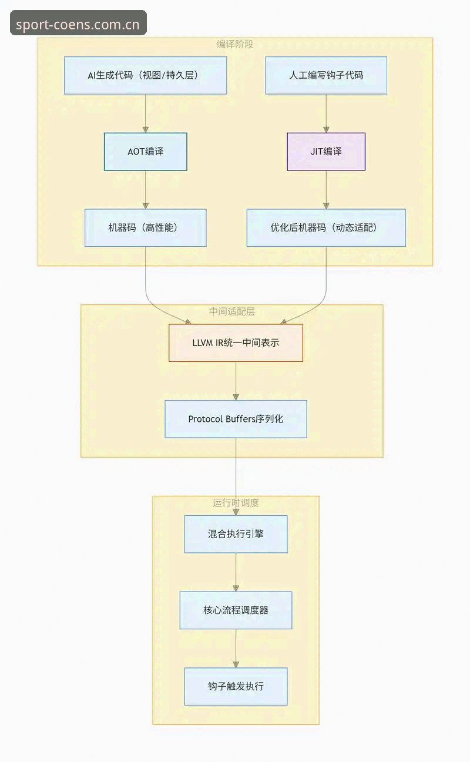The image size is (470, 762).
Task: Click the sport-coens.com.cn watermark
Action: tap(78, 23)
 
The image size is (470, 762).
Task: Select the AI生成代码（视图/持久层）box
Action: tap(146, 75)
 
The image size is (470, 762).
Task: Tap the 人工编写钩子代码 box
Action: tap(326, 75)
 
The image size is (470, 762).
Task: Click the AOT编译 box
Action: tap(146, 152)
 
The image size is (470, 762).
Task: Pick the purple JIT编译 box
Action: tap(326, 152)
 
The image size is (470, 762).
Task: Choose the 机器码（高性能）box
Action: tap(146, 227)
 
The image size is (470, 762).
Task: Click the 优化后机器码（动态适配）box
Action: tap(326, 227)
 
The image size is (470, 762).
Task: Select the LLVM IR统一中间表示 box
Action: tap(236, 343)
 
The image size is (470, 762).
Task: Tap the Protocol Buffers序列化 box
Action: tap(236, 419)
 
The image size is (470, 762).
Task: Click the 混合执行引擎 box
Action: tap(236, 534)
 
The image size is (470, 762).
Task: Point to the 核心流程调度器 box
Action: tap(236, 610)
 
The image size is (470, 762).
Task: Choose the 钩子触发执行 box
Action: tap(236, 686)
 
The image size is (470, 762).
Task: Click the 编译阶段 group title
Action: tap(235, 44)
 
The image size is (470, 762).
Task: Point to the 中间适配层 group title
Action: tap(232, 311)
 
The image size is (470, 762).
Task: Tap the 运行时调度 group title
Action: tap(236, 503)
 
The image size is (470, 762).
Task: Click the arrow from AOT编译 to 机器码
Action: tap(146, 190)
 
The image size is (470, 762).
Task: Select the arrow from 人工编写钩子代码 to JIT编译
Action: tap(326, 113)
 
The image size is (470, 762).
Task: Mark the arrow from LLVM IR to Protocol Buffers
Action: tap(236, 381)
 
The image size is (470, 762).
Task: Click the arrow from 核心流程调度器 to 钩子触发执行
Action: tap(236, 649)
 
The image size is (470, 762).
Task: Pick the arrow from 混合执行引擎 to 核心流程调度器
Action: tap(236, 572)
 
